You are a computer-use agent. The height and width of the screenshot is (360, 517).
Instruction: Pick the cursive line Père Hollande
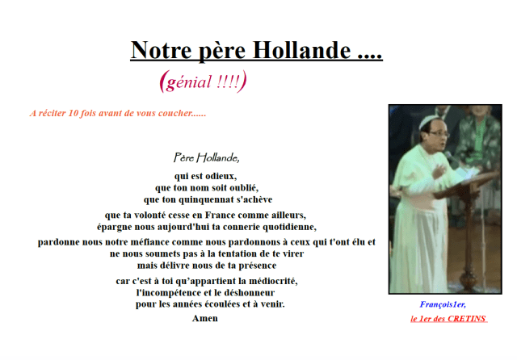pos(206,157)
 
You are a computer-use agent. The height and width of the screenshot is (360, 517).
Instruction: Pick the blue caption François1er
pos(443,304)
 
